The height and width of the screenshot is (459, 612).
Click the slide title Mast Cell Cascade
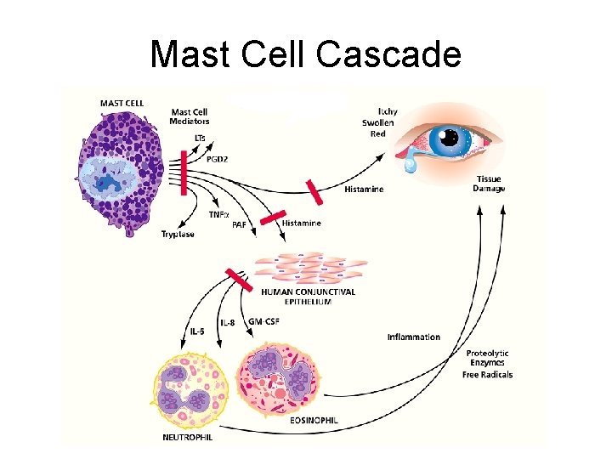pos(305,55)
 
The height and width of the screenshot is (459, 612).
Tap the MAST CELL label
pos(122,104)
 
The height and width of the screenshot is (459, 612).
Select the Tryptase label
pos(178,235)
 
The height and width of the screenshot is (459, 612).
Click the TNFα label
pos(219,215)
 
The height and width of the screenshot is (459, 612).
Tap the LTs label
pos(200,138)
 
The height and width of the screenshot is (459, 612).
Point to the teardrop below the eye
pos(411,167)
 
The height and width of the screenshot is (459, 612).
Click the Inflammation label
pos(414,337)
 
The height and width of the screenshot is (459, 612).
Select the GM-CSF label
pos(263,321)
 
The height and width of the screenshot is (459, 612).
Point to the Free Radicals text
pos(488,375)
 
